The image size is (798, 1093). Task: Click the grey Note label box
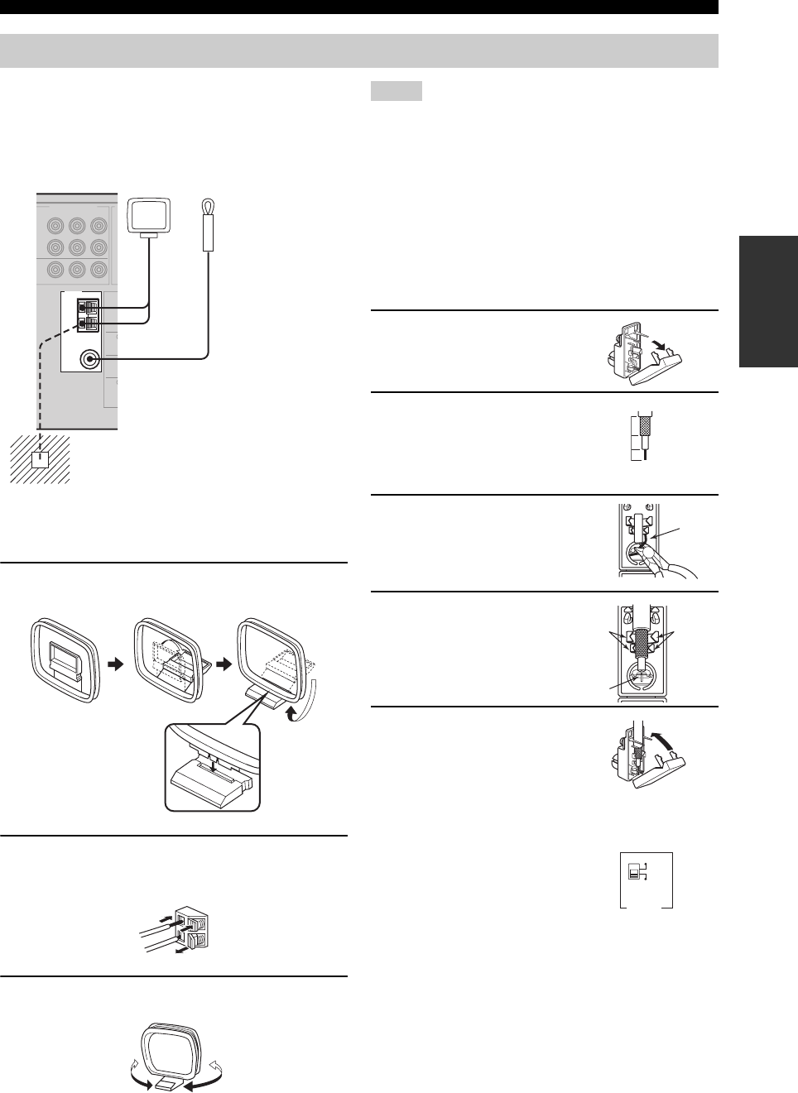point(397,91)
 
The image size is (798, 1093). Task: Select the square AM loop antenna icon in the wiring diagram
point(149,217)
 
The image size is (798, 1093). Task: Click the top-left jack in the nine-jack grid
point(55,225)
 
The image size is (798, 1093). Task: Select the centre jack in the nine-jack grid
point(77,247)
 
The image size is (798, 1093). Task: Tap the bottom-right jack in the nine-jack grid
point(99,269)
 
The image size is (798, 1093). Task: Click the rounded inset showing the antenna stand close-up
point(213,766)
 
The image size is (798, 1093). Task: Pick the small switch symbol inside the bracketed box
point(637,871)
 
